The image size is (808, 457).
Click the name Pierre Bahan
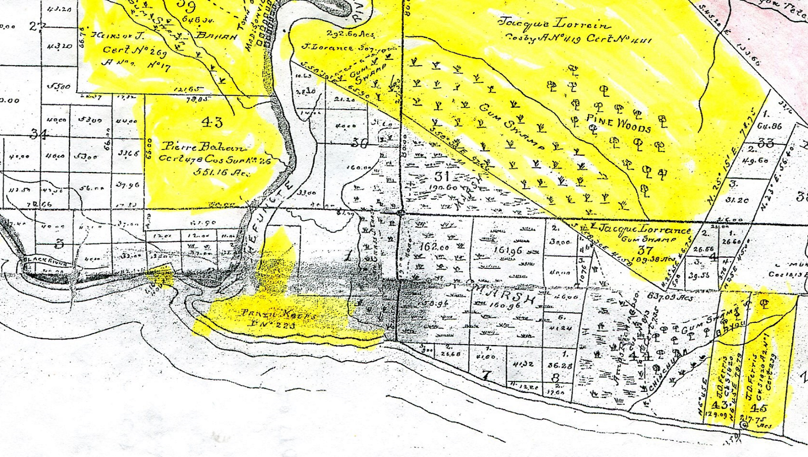click(x=204, y=147)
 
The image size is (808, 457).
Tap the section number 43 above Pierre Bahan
click(x=212, y=122)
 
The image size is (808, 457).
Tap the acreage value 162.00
click(x=434, y=247)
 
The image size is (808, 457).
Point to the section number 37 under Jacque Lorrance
click(x=645, y=250)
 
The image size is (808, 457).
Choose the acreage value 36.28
click(x=559, y=365)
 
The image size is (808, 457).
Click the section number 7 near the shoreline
click(x=486, y=375)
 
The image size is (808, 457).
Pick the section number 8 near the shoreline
click(x=555, y=377)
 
